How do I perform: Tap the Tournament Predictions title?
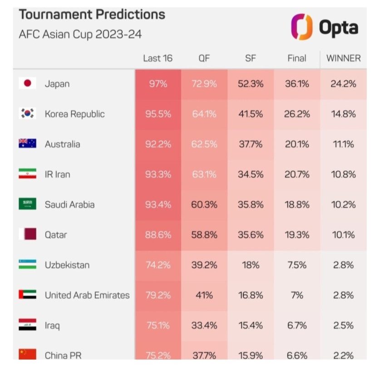(x=92, y=15)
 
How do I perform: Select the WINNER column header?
(x=343, y=58)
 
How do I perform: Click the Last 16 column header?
(x=158, y=58)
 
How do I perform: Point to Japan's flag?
(x=28, y=84)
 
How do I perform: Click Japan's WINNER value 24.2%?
(x=343, y=84)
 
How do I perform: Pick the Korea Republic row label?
(x=74, y=114)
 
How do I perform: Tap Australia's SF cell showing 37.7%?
(x=251, y=144)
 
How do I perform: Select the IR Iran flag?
(x=28, y=174)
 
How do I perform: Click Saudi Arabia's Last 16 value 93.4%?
(x=158, y=205)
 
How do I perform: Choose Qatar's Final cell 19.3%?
(x=297, y=235)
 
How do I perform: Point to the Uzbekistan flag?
(x=28, y=265)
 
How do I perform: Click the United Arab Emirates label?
(x=87, y=295)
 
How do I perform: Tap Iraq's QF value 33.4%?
(x=204, y=326)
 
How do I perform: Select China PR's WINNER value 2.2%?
(x=343, y=355)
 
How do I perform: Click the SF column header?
(x=251, y=58)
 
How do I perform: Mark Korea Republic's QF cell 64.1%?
(x=204, y=114)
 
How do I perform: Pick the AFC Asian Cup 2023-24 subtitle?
(x=80, y=35)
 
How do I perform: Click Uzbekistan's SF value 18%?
(x=251, y=265)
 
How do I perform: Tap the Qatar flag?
(x=28, y=235)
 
